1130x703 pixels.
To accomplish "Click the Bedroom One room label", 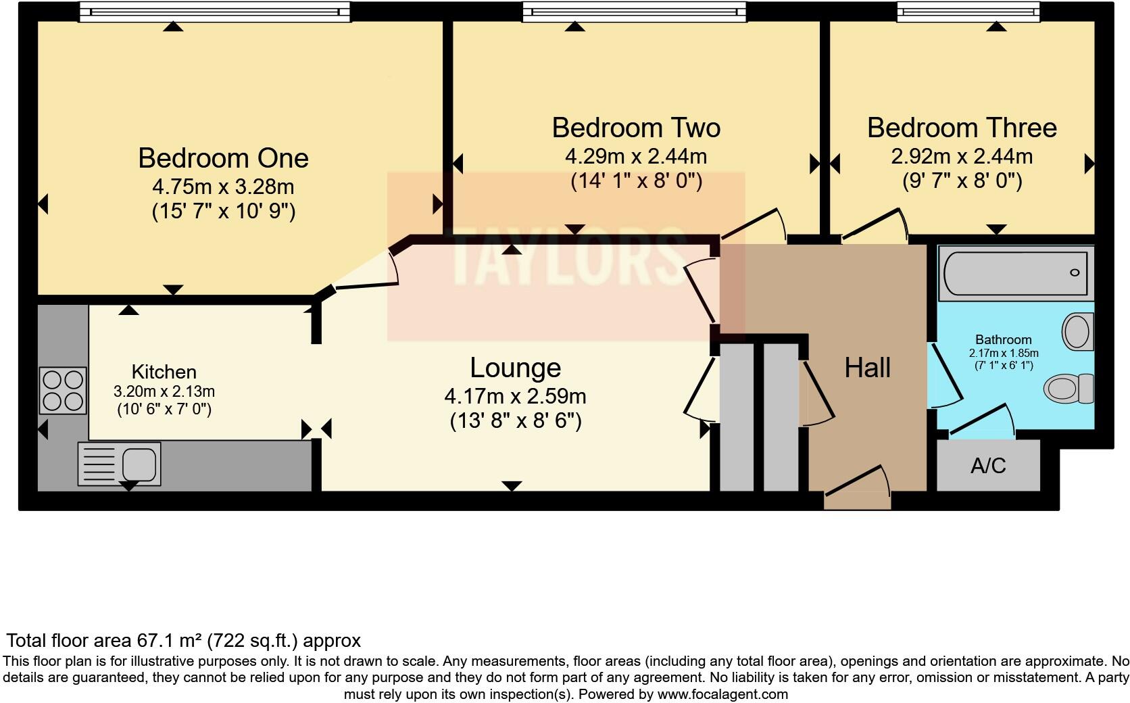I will tap(223, 158).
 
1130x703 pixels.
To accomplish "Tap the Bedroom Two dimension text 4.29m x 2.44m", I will tap(635, 157).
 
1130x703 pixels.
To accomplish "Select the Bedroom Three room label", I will tap(961, 128).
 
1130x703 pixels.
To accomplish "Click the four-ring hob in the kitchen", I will tap(63, 390).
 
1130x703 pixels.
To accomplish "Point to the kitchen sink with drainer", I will tap(119, 464).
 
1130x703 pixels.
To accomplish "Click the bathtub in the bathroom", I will tap(1014, 273).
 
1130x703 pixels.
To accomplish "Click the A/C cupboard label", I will tap(987, 466).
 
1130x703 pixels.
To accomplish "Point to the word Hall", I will tap(867, 368).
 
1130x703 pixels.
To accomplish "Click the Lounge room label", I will tap(515, 368).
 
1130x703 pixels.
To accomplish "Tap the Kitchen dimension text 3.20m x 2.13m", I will tap(164, 391).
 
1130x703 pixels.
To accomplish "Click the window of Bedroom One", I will tap(214, 11).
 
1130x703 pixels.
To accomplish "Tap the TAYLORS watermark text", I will tap(565, 257).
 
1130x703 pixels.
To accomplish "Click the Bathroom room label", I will tap(1003, 340).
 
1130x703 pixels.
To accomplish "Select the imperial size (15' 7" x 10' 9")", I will tap(223, 212).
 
